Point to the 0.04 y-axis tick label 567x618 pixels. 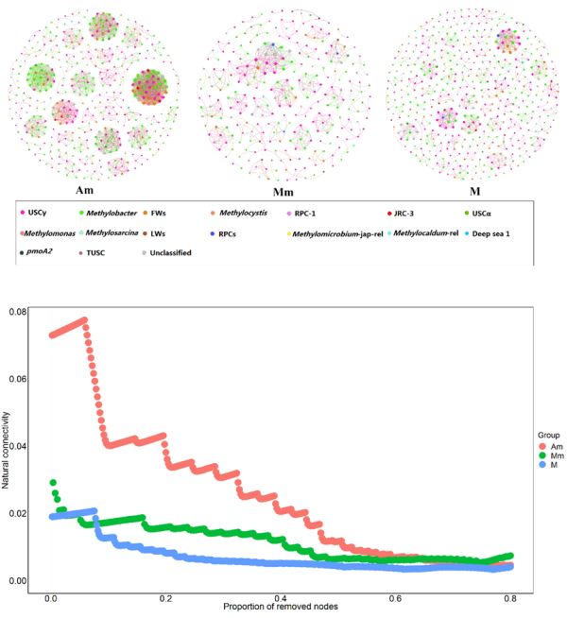point(30,446)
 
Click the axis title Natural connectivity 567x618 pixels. point(9,442)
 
